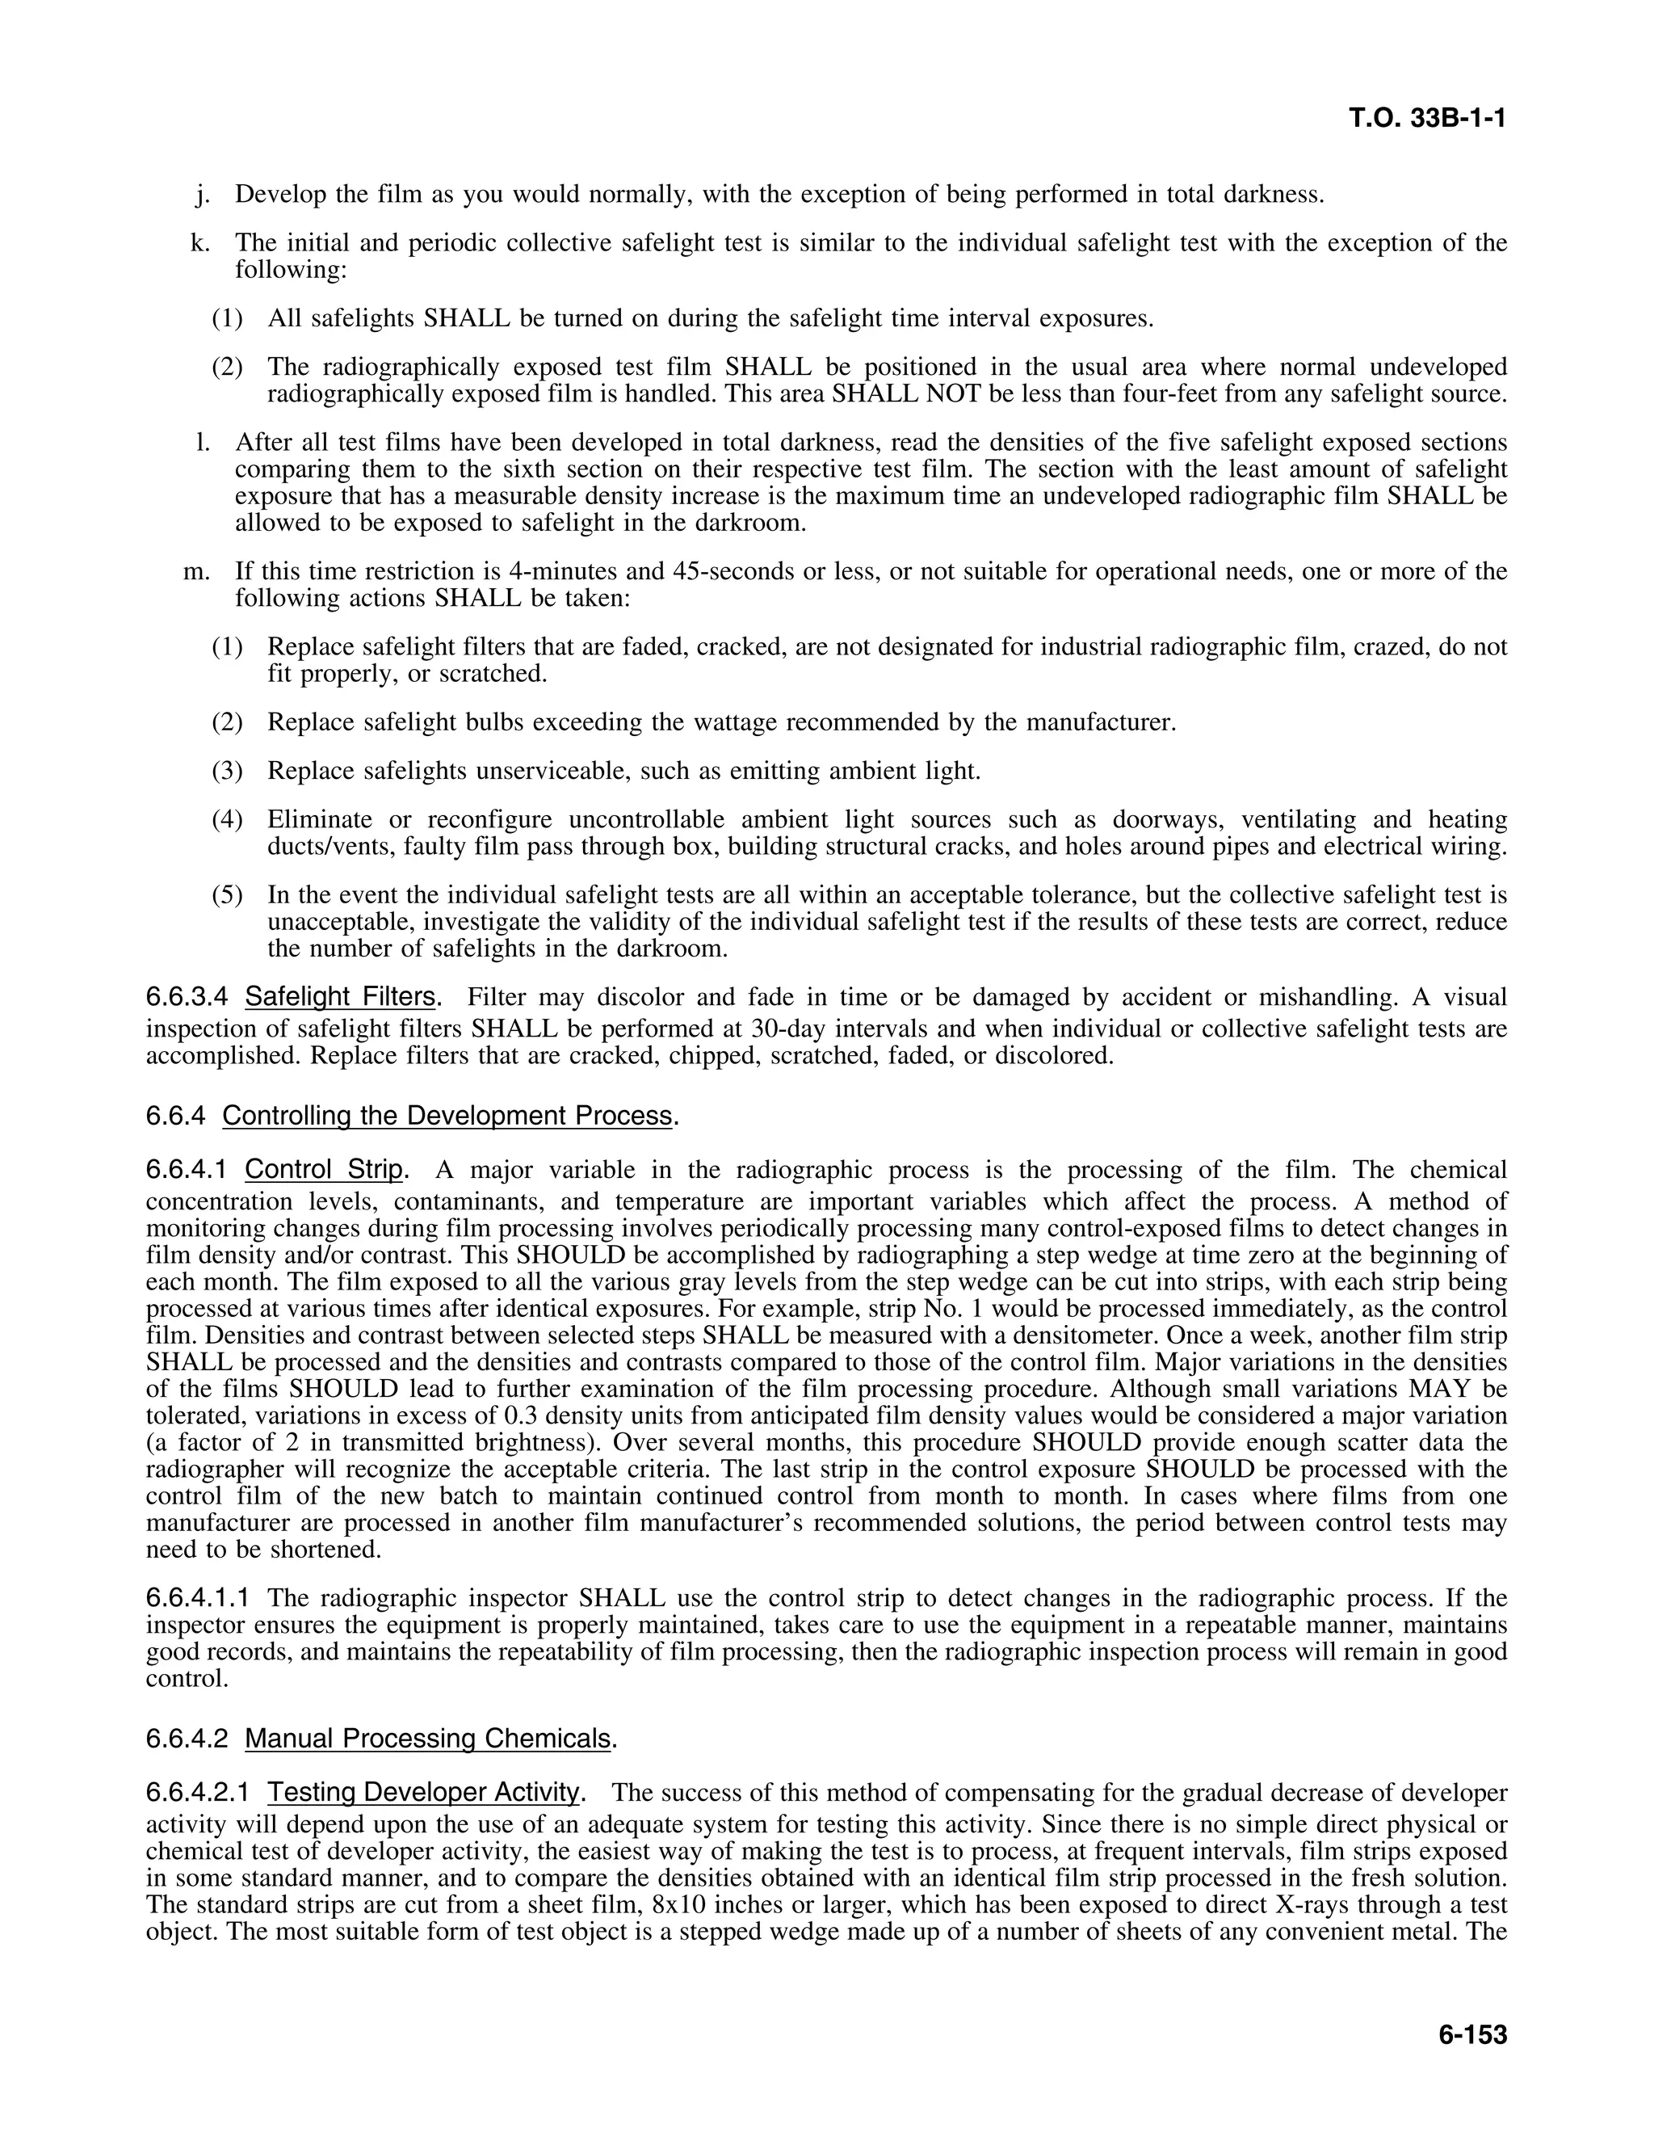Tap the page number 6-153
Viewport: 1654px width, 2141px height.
pos(1471,2034)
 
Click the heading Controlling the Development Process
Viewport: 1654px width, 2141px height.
pos(447,1116)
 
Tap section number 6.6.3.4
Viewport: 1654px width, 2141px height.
pos(187,997)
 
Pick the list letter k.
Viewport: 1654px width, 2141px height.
pos(200,242)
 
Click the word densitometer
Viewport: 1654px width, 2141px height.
pos(1063,1335)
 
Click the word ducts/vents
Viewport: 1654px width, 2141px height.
pos(330,846)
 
